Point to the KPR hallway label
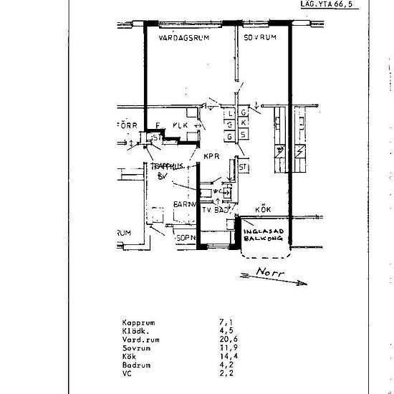coord(211,155)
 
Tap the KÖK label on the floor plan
coord(263,210)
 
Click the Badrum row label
coord(135,365)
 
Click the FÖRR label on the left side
coord(126,125)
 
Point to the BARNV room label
coord(185,204)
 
